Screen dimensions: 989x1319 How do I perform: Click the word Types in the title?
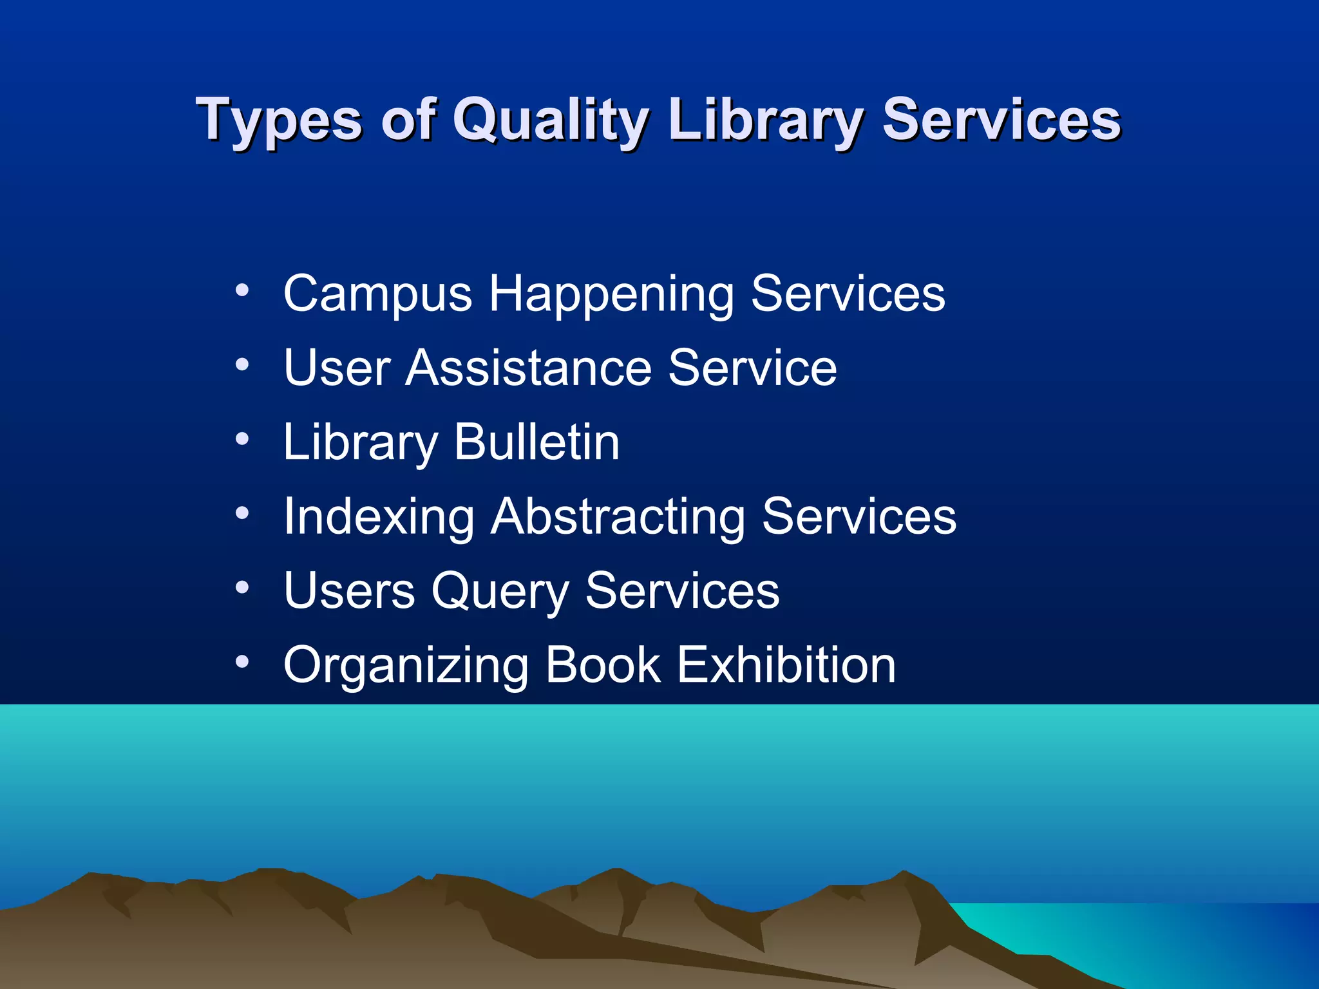(x=279, y=120)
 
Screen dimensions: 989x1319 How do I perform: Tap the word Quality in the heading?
(x=550, y=120)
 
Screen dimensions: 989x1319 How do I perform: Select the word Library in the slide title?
(x=766, y=120)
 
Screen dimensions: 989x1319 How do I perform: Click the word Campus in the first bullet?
(x=378, y=294)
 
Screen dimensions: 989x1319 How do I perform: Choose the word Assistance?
(x=528, y=368)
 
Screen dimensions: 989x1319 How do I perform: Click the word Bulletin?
(x=536, y=442)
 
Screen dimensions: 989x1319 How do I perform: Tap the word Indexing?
(x=379, y=517)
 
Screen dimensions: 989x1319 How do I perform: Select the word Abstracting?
(x=618, y=517)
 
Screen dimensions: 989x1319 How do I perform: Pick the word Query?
(x=500, y=592)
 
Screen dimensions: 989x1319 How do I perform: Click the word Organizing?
(x=406, y=666)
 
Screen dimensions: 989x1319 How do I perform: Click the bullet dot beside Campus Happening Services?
(x=242, y=290)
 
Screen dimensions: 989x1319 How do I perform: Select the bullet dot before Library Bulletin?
(x=242, y=439)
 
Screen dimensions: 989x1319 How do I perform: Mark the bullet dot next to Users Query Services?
(x=242, y=587)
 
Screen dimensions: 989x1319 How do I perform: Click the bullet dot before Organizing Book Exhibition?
(x=242, y=661)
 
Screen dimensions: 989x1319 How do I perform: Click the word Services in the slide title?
(x=1001, y=120)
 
